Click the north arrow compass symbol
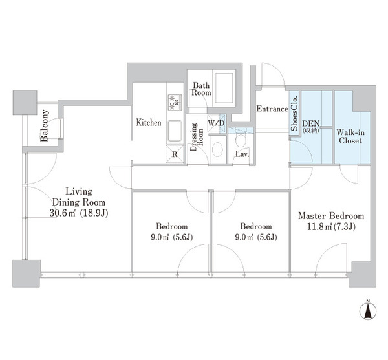[x=368, y=310]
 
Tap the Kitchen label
[x=149, y=123]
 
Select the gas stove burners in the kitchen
[x=175, y=102]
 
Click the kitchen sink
[x=175, y=131]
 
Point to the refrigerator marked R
[x=175, y=154]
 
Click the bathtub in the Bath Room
[x=224, y=88]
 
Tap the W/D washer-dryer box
[x=216, y=123]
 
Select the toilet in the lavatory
[x=241, y=140]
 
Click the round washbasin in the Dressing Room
[x=217, y=149]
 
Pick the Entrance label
[x=272, y=109]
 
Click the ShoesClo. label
[x=294, y=112]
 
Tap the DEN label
[x=311, y=123]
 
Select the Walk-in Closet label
[x=350, y=136]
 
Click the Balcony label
[x=44, y=125]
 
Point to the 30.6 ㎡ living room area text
[x=79, y=213]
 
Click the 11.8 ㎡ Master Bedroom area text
[x=331, y=226]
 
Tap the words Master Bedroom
[x=331, y=216]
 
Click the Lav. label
[x=242, y=154]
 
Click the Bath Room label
[x=201, y=89]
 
